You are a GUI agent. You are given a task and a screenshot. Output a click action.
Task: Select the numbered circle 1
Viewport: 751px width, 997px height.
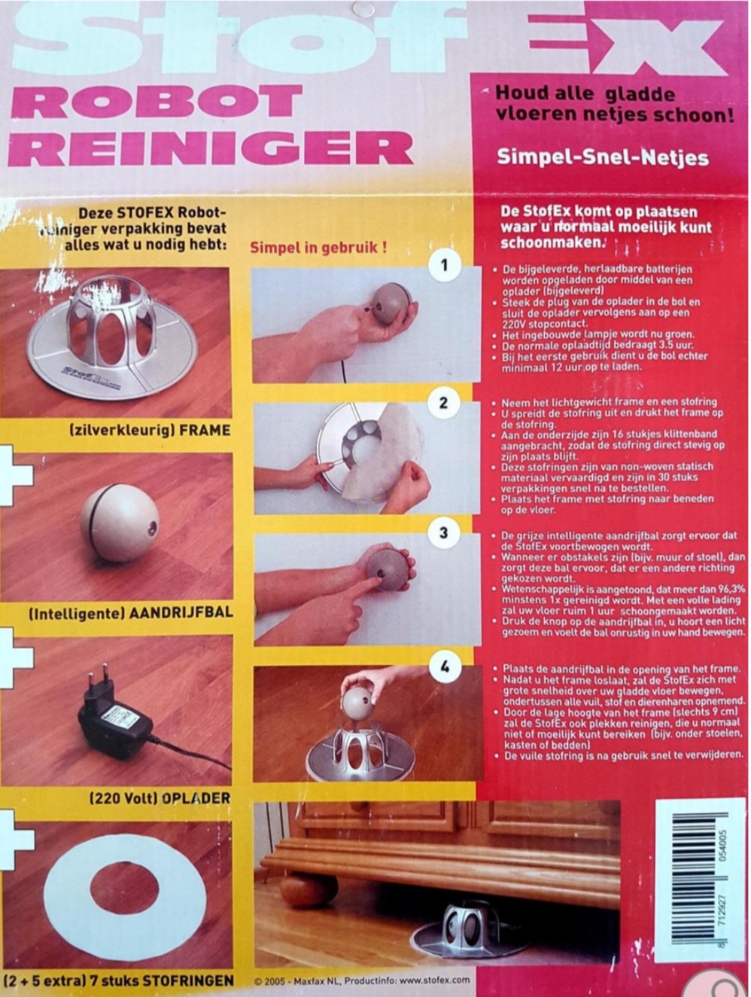click(x=444, y=266)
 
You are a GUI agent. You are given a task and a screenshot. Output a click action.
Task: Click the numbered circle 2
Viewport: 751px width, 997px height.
click(x=444, y=402)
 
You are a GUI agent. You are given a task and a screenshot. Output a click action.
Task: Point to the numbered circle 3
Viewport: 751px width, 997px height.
click(x=444, y=533)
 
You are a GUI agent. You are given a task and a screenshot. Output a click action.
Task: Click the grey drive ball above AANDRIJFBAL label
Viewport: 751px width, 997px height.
click(x=120, y=519)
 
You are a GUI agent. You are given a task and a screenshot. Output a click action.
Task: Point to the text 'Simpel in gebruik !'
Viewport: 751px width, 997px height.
click(x=318, y=248)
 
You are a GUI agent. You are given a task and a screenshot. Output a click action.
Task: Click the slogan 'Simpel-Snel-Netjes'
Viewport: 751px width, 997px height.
click(x=603, y=158)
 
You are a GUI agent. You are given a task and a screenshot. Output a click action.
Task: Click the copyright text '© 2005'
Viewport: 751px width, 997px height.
click(x=271, y=980)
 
